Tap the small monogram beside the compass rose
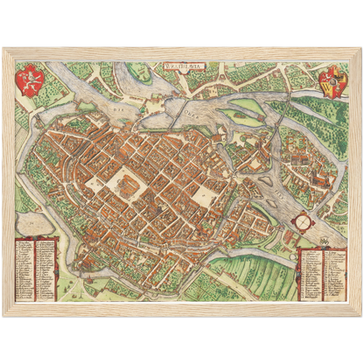[x=325, y=231]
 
